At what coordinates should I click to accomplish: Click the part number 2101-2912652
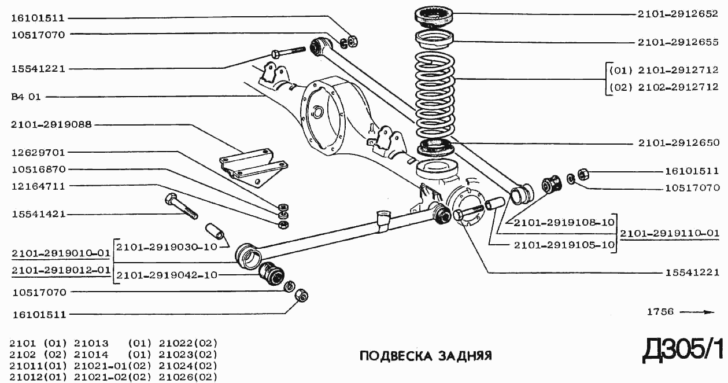[x=678, y=14]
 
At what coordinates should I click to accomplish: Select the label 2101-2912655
[x=678, y=42]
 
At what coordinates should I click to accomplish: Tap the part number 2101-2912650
[x=678, y=142]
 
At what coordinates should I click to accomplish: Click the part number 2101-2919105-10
[x=564, y=245]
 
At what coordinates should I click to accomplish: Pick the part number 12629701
[x=38, y=153]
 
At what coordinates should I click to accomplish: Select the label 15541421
[x=38, y=214]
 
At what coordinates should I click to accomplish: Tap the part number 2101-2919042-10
[x=167, y=275]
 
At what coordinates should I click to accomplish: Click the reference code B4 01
[x=26, y=97]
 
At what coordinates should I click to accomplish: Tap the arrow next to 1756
[x=697, y=312]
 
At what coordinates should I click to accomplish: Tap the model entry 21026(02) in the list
[x=188, y=377]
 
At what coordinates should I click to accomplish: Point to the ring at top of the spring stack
[x=434, y=15]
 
